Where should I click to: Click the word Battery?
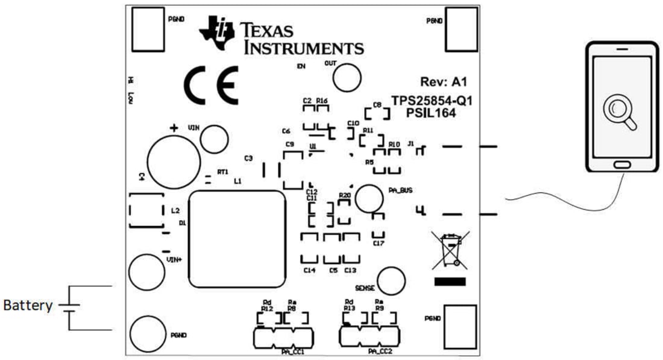pyautogui.click(x=28, y=306)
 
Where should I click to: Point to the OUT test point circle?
pyautogui.click(x=347, y=79)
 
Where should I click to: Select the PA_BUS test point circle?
pyautogui.click(x=369, y=198)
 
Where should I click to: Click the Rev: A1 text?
pyautogui.click(x=443, y=81)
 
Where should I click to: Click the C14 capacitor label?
pyautogui.click(x=309, y=271)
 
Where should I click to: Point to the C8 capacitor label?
pyautogui.click(x=377, y=105)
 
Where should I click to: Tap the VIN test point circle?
pyautogui.click(x=215, y=140)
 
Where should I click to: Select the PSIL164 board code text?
pyautogui.click(x=430, y=112)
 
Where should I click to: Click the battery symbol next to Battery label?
pyautogui.click(x=70, y=307)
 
